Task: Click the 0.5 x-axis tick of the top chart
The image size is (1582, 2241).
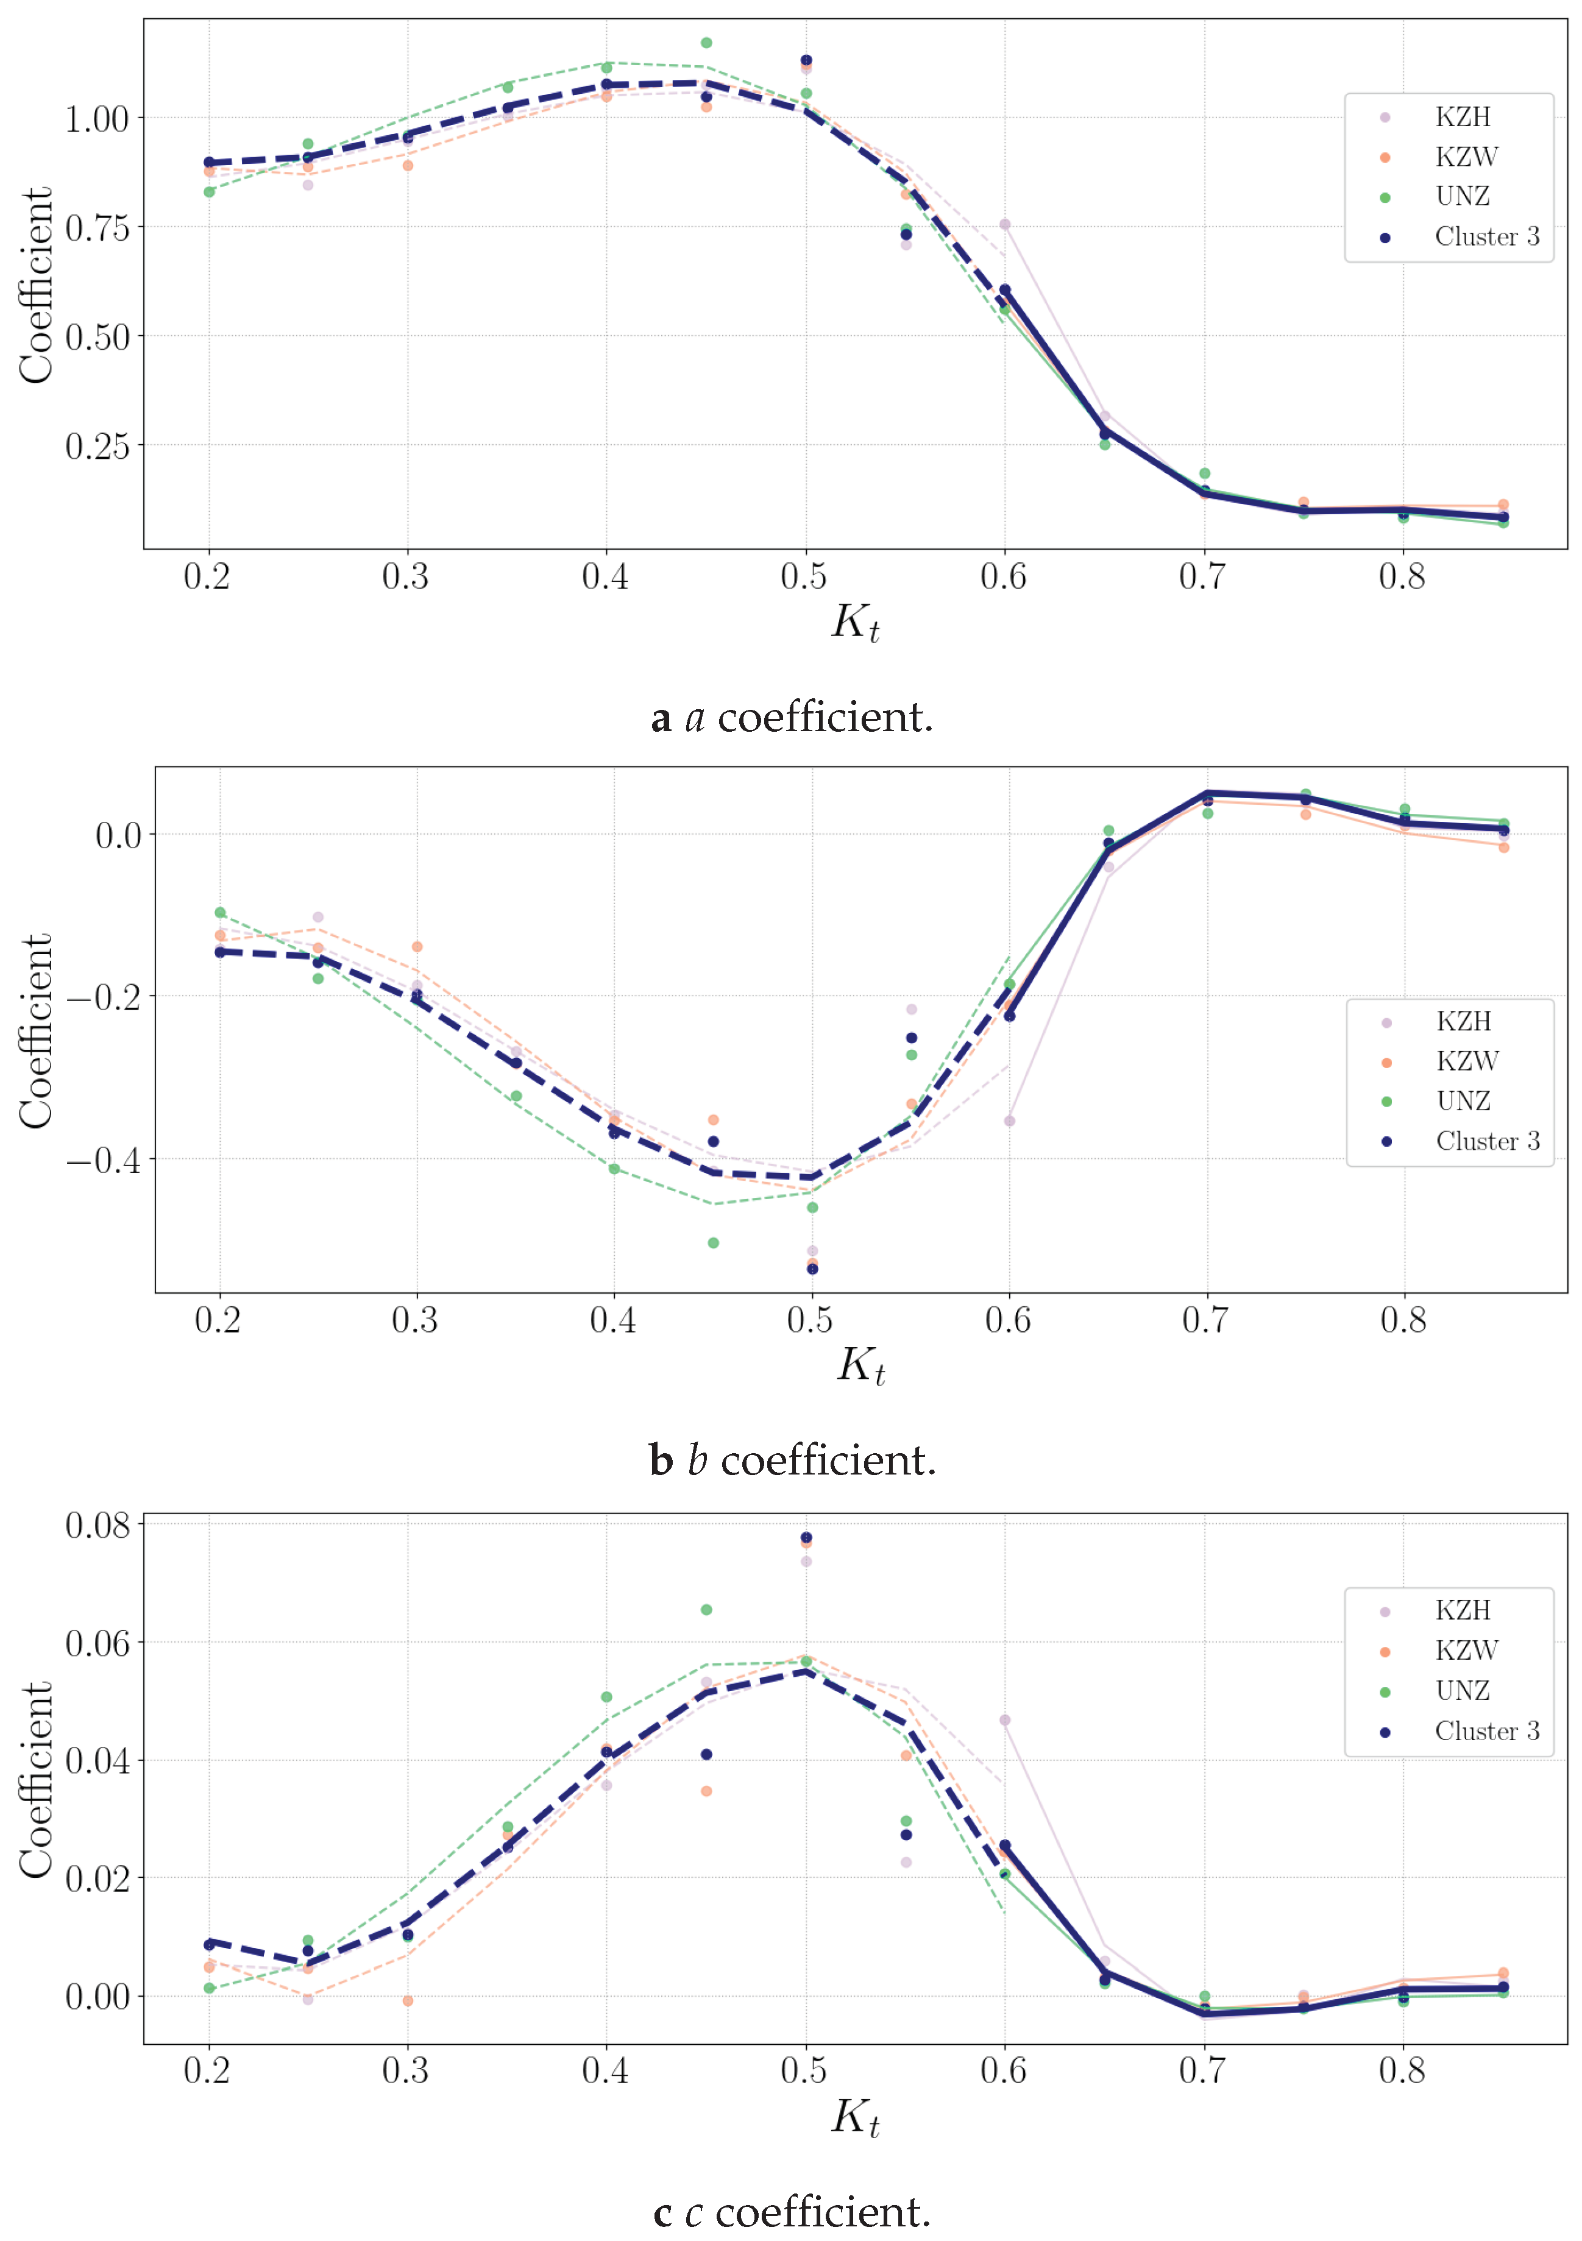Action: (x=803, y=577)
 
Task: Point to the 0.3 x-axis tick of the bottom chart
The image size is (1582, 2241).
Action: (x=405, y=2070)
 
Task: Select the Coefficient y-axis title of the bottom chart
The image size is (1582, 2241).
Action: (x=37, y=1779)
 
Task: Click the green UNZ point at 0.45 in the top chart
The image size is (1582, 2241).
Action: (x=706, y=43)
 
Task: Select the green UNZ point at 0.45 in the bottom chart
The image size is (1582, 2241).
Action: (x=706, y=1610)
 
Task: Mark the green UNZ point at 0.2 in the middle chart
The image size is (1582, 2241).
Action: (x=221, y=913)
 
